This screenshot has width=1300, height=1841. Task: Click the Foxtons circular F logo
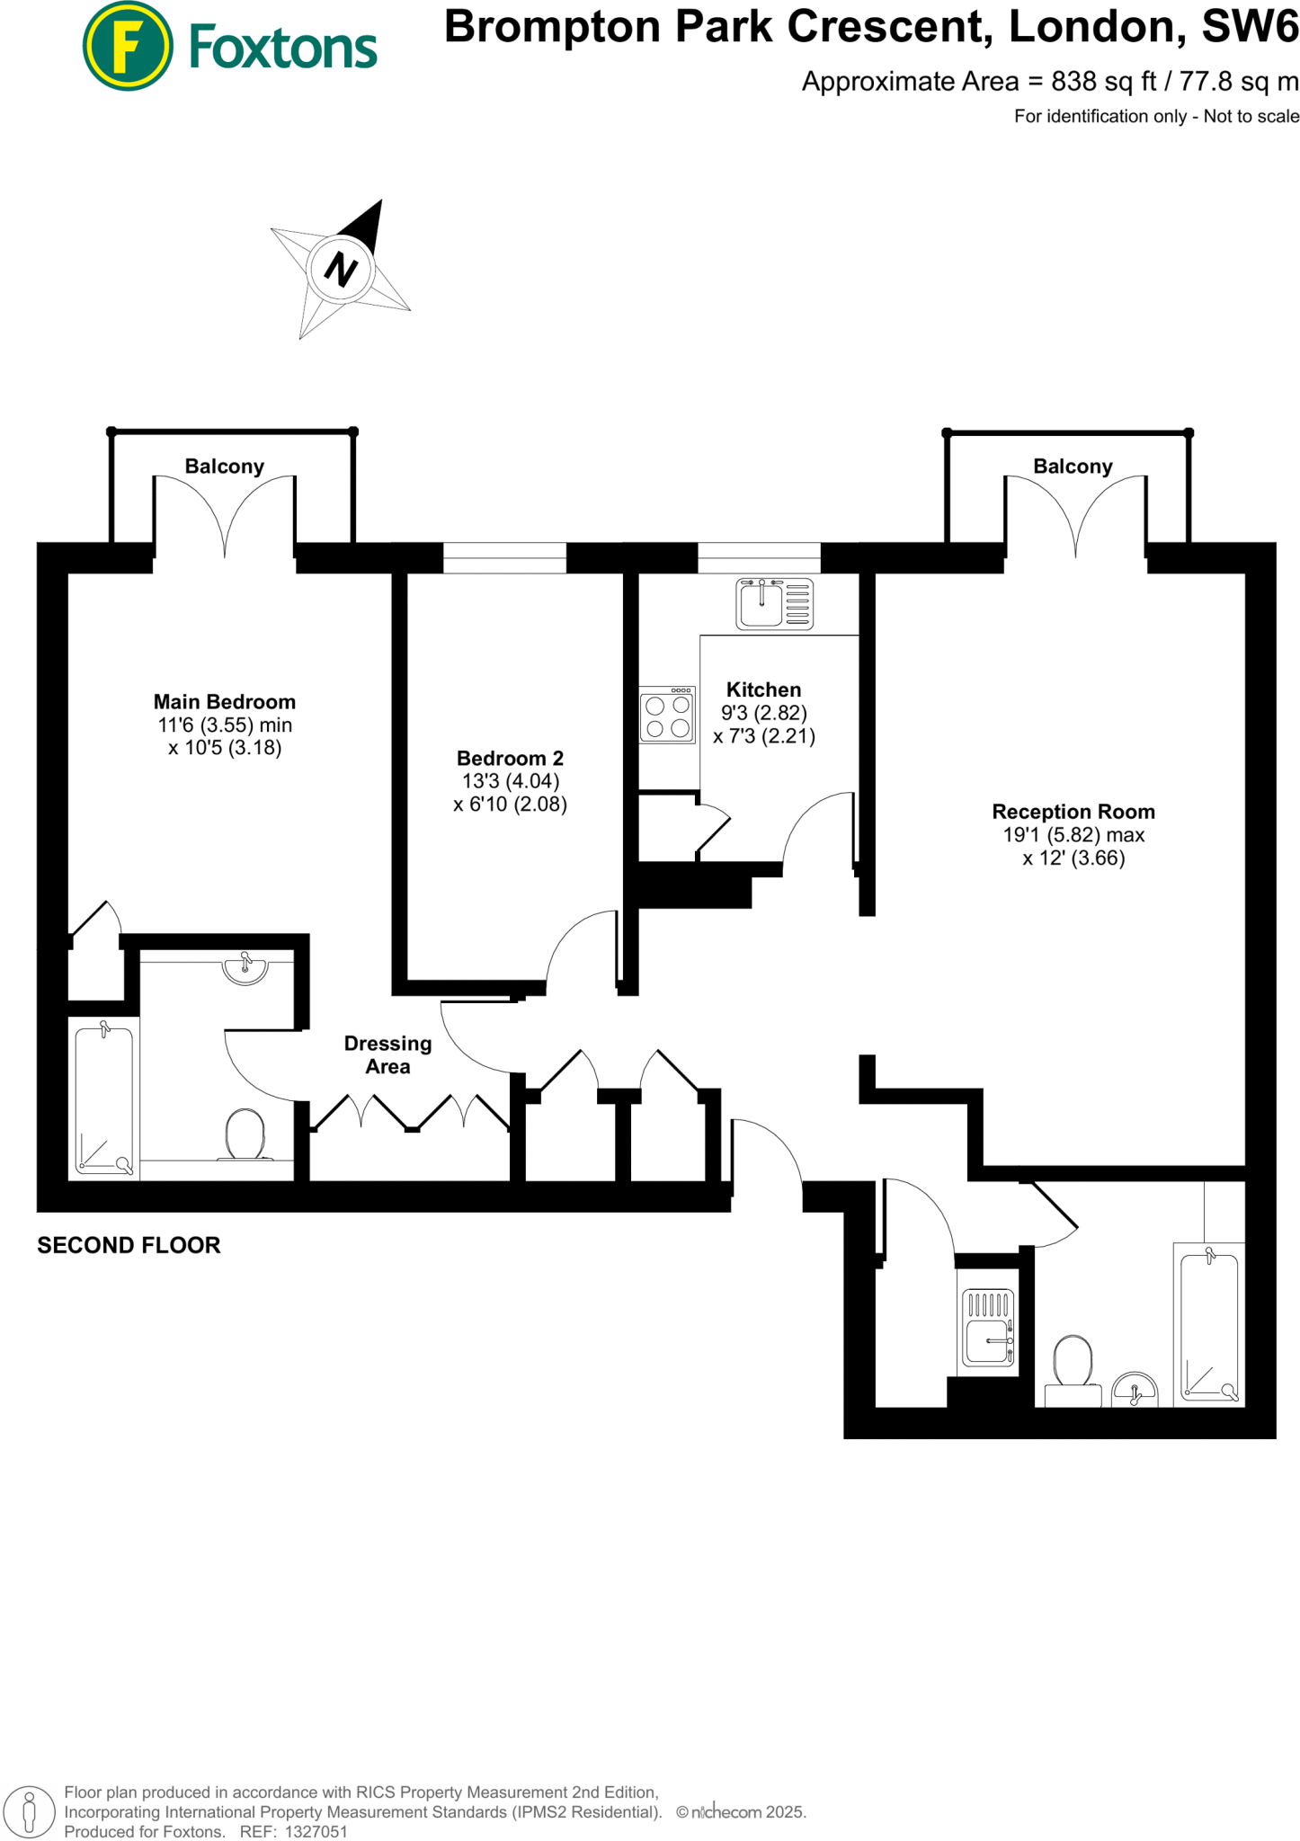[x=128, y=46]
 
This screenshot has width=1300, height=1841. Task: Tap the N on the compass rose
[x=340, y=269]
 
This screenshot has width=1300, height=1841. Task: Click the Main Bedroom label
[x=224, y=702]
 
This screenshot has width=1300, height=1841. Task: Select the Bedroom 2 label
[x=510, y=759]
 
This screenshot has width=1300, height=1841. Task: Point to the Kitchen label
[x=763, y=690]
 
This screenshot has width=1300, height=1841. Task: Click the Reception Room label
[x=1073, y=812]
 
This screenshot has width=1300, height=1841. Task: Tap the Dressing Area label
[x=387, y=1054]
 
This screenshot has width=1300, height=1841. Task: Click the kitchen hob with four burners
[x=667, y=716]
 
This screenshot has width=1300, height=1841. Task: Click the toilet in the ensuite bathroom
[x=245, y=1135]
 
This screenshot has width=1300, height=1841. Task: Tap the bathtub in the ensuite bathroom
[x=104, y=1098]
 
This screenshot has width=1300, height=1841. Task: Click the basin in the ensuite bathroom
[x=245, y=969]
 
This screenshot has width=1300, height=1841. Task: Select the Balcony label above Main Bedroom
[x=224, y=467]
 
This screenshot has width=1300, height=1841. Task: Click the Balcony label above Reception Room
[x=1072, y=467]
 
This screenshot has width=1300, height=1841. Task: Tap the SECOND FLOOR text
[x=129, y=1245]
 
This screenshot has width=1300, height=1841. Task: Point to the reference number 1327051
[x=316, y=1831]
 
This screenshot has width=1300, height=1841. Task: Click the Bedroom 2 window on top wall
[x=504, y=557]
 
